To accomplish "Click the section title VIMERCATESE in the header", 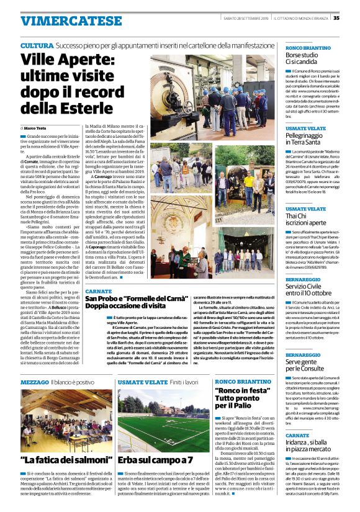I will (61, 20).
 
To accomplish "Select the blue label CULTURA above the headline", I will (36, 47).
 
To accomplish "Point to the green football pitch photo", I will (164, 421).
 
